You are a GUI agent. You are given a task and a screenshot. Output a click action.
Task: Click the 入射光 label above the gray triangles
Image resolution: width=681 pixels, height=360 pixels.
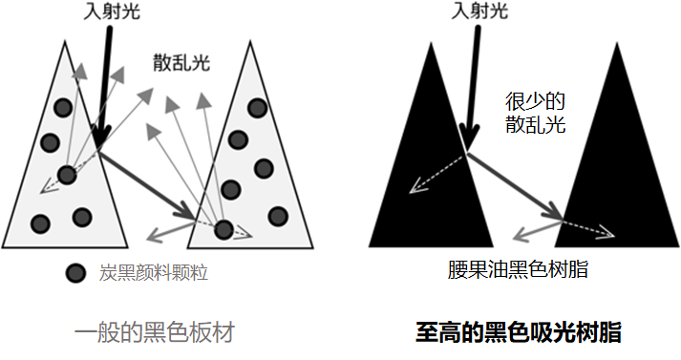point(106,12)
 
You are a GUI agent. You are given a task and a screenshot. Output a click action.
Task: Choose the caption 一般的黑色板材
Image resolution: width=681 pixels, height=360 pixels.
point(154,332)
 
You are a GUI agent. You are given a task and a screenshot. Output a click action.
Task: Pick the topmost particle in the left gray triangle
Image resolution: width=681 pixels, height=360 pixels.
point(63,105)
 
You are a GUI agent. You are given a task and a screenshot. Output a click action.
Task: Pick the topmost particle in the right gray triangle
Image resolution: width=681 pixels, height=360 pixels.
point(255,108)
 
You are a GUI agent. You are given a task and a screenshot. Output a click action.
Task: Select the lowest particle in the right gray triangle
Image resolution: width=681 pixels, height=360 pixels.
point(223,228)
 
